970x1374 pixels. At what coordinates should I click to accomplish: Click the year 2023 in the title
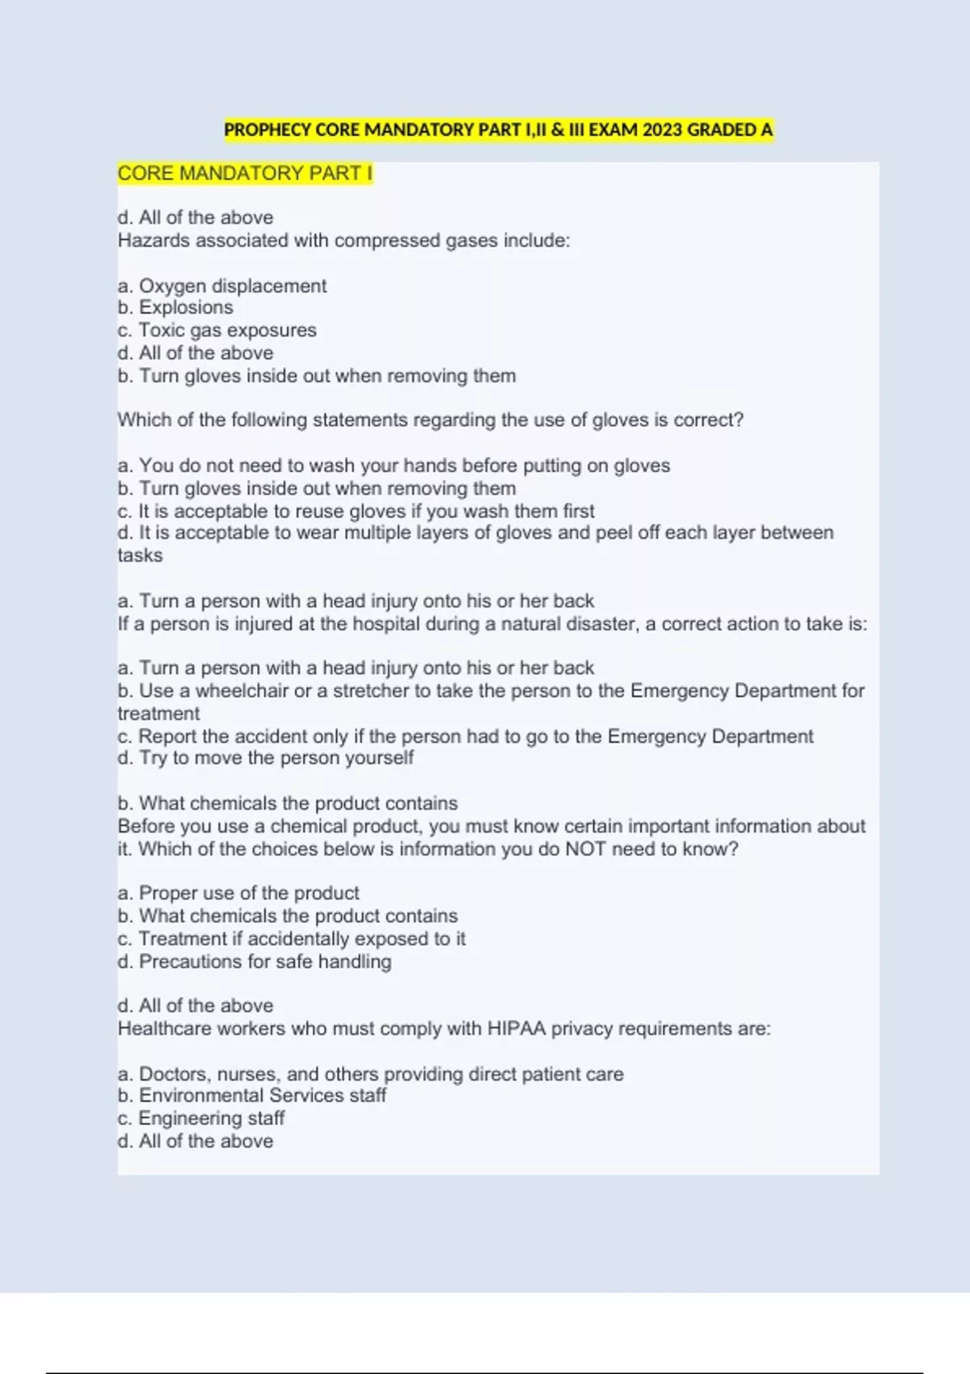click(x=662, y=130)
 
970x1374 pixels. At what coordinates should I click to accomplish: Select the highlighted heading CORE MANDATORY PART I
click(x=245, y=174)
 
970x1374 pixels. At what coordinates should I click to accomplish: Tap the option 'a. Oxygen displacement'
click(x=222, y=286)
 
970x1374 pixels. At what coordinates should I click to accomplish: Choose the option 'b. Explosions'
click(x=175, y=308)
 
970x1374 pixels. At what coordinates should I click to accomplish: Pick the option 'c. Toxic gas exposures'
click(x=217, y=331)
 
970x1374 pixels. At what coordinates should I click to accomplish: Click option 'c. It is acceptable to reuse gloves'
click(x=356, y=512)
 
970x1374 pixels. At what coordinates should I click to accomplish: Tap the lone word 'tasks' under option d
click(x=140, y=556)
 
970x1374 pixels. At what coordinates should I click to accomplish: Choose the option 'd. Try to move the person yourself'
click(x=265, y=758)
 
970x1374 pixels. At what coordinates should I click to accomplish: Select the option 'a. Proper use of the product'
click(x=238, y=893)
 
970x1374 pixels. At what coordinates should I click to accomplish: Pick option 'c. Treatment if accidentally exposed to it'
click(x=291, y=939)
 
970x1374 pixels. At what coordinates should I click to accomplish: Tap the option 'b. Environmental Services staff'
click(x=251, y=1096)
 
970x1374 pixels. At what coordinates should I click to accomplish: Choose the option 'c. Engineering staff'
click(x=200, y=1119)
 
